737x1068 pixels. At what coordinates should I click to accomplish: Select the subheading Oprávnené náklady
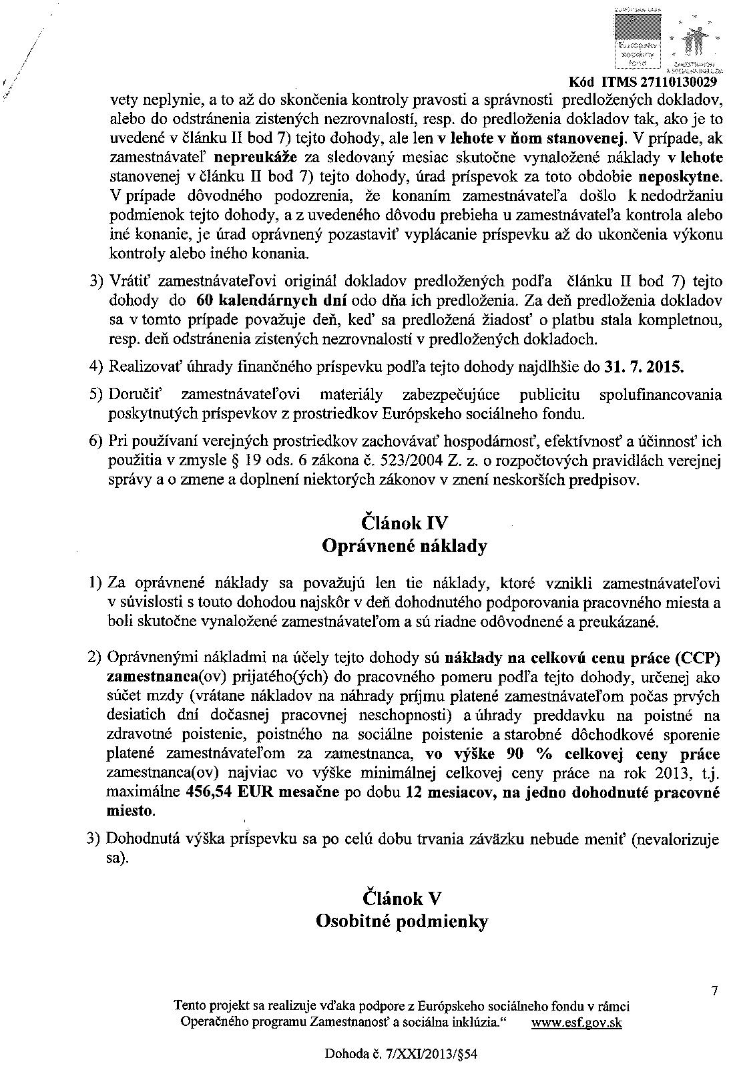404,546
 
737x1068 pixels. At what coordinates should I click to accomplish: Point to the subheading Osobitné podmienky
401,922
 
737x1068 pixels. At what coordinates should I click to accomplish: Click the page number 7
714,992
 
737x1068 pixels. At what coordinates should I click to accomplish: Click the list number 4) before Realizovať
97,367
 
